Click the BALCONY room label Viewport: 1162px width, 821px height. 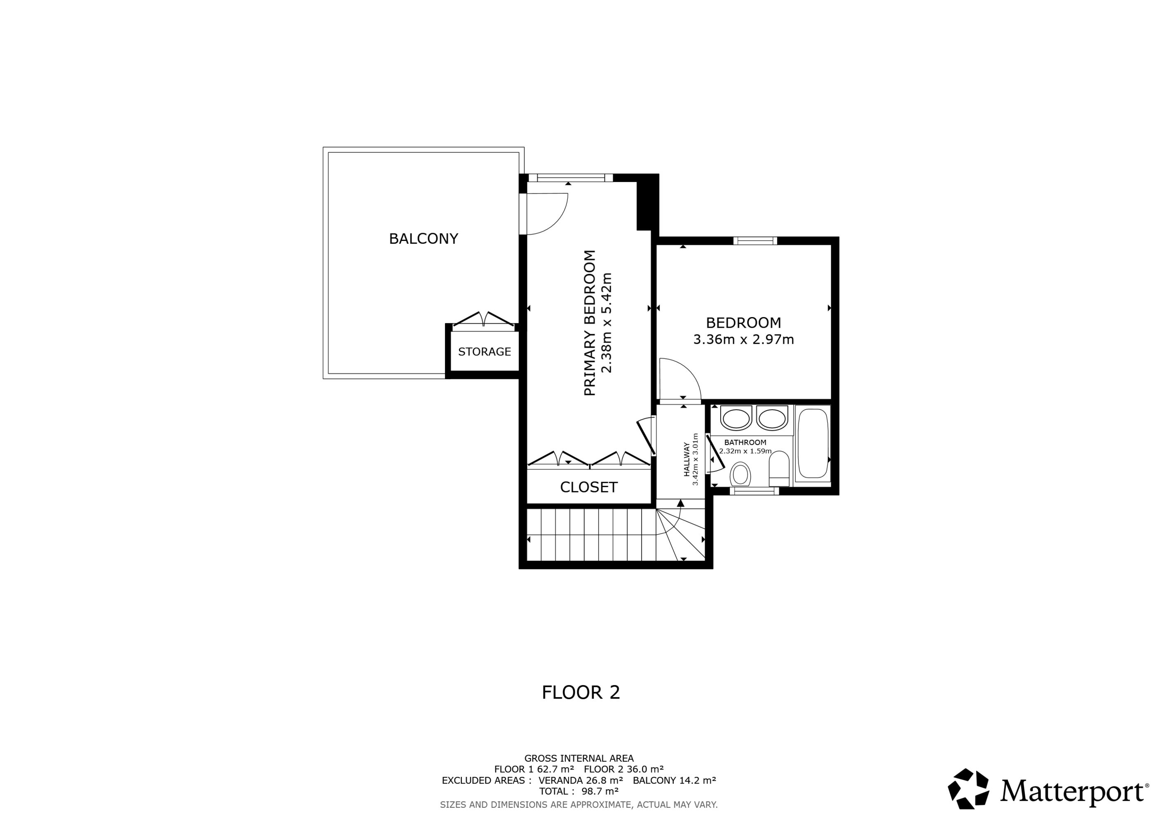pos(423,238)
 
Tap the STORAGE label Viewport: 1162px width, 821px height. pos(484,352)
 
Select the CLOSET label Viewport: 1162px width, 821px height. pos(588,487)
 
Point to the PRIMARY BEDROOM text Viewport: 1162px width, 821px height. pos(590,323)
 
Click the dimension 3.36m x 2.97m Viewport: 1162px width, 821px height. pos(743,339)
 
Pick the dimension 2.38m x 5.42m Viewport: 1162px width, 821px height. pos(606,323)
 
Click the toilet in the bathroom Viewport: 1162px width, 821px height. pos(740,474)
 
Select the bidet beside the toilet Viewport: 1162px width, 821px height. pos(779,468)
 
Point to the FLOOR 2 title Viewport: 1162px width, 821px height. pos(581,692)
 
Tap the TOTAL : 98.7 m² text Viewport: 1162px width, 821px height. pos(579,791)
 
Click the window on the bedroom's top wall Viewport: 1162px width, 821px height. pos(755,241)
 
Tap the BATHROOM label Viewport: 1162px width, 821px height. pos(745,443)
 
